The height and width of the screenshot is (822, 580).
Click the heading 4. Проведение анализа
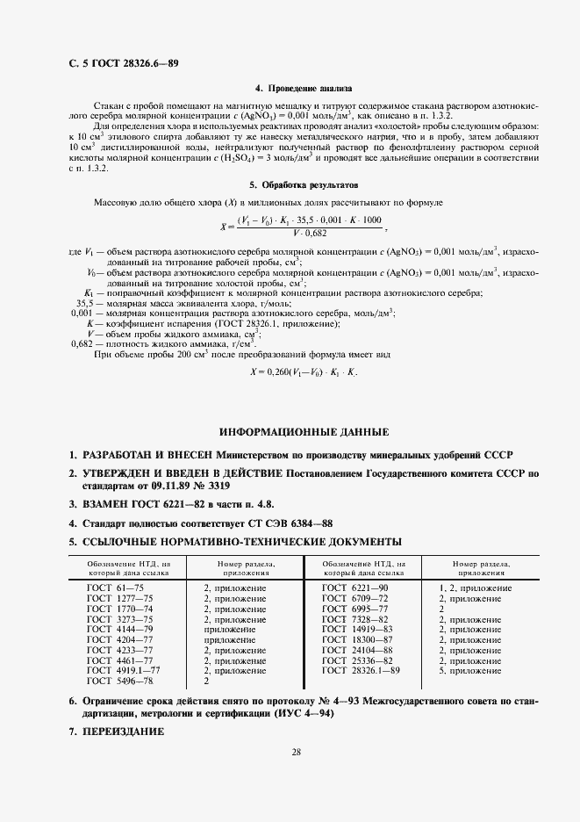tap(303, 89)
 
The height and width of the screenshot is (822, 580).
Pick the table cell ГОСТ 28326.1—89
tap(362, 670)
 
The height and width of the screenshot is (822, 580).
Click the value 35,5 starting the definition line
tap(84, 303)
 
